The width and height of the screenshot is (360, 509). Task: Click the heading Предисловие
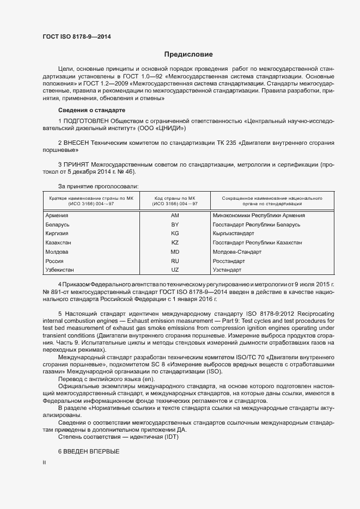coord(188,54)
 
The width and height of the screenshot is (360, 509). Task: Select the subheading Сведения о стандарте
coord(88,111)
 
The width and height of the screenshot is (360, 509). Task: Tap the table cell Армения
coord(57,215)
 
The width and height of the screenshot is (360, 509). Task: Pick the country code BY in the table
coord(175,224)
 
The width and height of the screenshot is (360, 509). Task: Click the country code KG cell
coord(175,233)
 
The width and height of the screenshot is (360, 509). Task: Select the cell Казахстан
coord(59,242)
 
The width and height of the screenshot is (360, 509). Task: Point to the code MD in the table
coord(175,252)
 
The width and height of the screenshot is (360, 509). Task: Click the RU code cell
coord(175,261)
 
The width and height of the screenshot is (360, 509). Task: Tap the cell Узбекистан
coord(60,269)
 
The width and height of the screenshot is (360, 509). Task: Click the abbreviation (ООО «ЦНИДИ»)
coord(163,128)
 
